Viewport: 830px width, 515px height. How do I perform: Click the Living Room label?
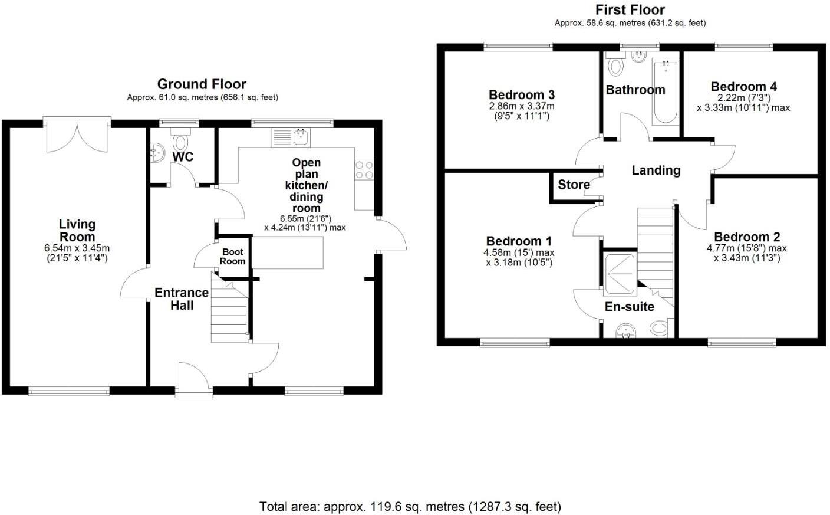[77, 230]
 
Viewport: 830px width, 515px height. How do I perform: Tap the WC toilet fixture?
[180, 143]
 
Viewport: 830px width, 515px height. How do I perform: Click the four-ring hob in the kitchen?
[364, 170]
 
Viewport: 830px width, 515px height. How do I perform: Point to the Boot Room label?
[233, 257]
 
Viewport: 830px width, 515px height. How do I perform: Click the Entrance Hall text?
[182, 298]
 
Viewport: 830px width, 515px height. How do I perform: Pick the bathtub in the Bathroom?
[665, 92]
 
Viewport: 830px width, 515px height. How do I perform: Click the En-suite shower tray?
[620, 273]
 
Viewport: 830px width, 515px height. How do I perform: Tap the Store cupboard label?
[574, 185]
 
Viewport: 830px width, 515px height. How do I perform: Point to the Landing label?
[656, 170]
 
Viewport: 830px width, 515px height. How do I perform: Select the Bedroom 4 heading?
[743, 87]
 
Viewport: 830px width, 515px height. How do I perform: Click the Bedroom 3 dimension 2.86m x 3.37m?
[522, 106]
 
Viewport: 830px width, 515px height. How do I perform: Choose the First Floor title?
[630, 9]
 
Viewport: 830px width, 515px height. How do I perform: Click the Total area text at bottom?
[410, 506]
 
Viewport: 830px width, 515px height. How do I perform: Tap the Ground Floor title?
[202, 84]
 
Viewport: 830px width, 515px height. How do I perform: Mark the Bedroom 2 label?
[746, 237]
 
